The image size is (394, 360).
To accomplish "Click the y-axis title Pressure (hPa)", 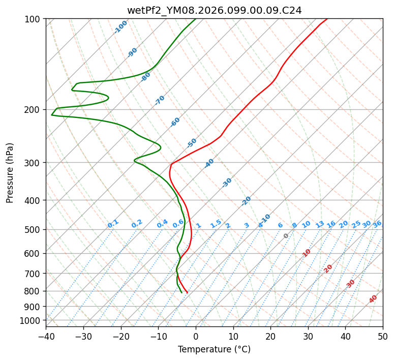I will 10,173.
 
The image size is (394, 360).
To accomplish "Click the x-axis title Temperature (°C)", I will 214,350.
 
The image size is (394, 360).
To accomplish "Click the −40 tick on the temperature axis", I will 46,337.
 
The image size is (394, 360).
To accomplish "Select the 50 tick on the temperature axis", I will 383,337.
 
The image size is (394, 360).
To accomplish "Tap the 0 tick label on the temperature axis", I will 196,337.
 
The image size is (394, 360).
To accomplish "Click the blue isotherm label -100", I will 120,27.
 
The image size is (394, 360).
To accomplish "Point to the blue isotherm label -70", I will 160,100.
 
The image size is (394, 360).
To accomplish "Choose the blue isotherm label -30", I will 227,183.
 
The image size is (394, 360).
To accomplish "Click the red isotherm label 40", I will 373,299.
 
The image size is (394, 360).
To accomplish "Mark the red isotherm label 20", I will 328,268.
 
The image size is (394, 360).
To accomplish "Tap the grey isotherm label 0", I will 286,236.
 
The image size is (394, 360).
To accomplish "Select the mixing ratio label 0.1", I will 113,224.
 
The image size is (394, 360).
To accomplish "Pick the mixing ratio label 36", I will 377,224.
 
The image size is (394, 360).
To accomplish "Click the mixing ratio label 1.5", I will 216,224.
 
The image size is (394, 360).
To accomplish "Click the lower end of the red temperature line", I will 187,292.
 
